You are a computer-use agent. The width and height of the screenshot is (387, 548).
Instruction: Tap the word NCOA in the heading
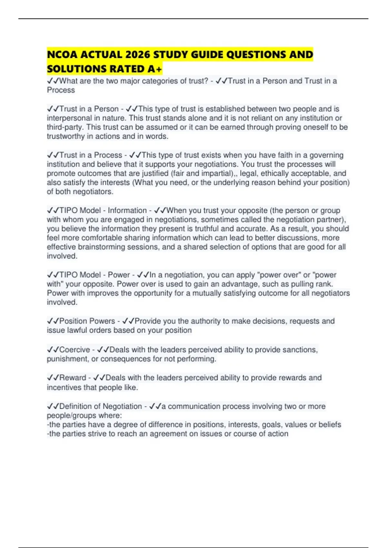coord(62,54)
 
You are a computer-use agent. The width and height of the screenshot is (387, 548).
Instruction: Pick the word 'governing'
coord(326,155)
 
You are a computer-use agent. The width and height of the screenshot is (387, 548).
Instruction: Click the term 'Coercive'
coord(74,350)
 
